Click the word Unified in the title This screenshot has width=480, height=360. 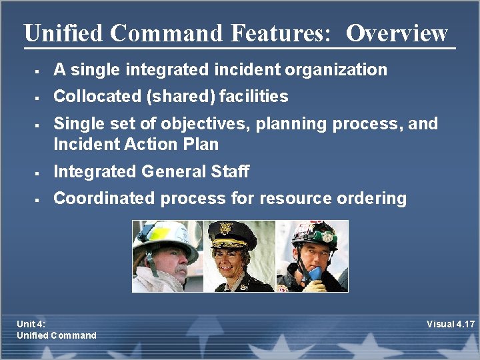[x=64, y=33]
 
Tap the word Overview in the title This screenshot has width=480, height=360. [x=397, y=33]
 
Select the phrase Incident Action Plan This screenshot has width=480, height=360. [x=136, y=144]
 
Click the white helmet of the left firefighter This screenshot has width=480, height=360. [x=163, y=238]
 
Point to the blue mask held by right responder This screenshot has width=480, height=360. [x=314, y=273]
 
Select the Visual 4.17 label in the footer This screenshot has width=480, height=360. [x=451, y=324]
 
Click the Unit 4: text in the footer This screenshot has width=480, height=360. [x=31, y=324]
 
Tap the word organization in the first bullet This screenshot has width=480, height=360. [x=343, y=69]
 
